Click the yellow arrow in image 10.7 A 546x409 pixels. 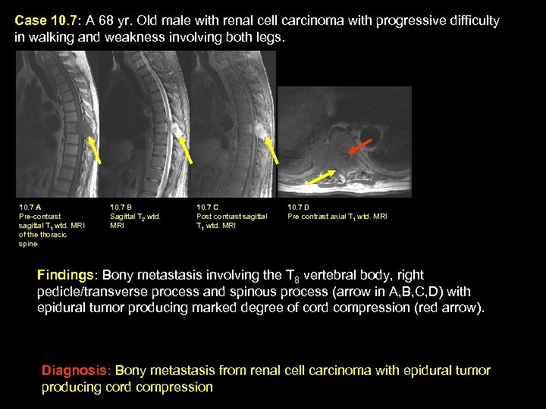[x=96, y=149]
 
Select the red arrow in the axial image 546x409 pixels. [x=360, y=146]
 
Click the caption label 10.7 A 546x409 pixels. [x=30, y=207]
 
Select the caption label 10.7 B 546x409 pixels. [x=121, y=207]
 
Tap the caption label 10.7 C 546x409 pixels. [x=208, y=207]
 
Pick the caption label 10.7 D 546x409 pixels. [x=299, y=207]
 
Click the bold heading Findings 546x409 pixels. [x=67, y=275]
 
